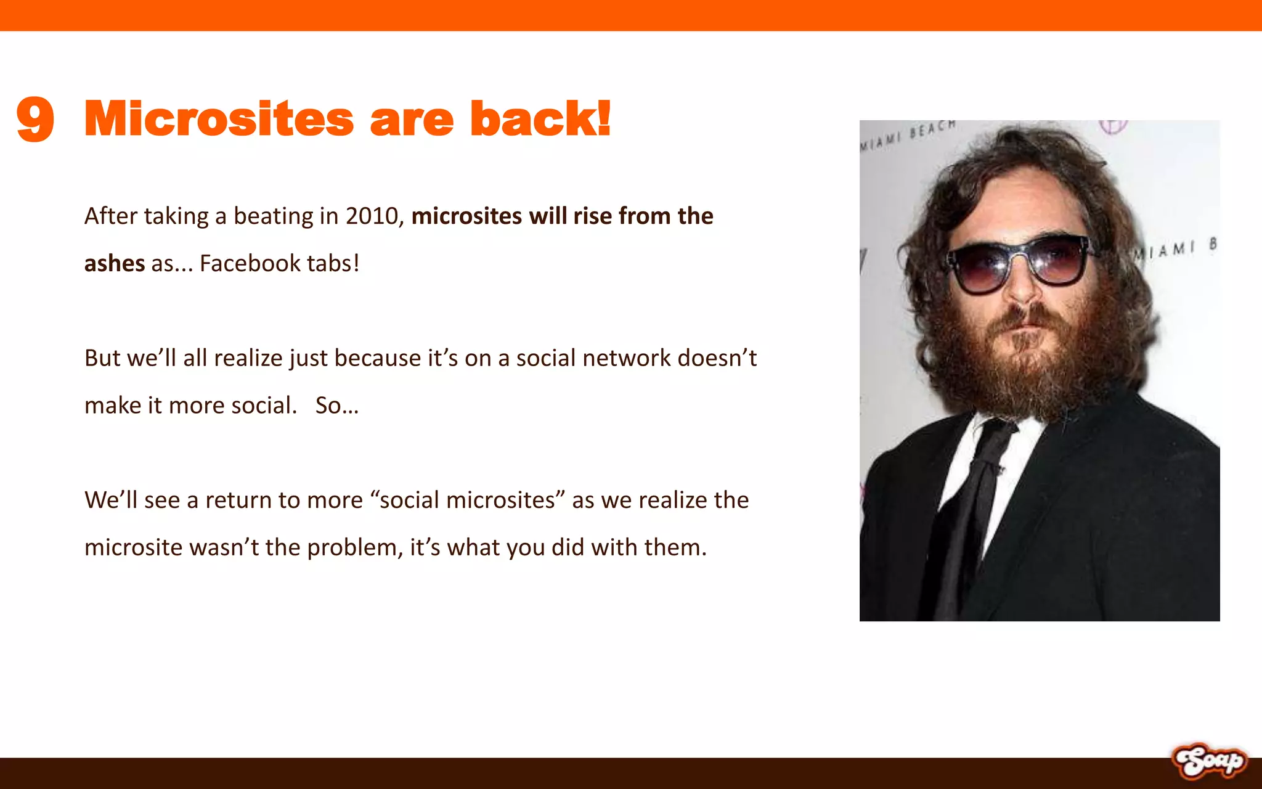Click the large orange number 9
(36, 119)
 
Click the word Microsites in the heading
(219, 119)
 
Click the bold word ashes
(115, 264)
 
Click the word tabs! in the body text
(333, 264)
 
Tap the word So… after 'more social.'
(336, 406)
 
